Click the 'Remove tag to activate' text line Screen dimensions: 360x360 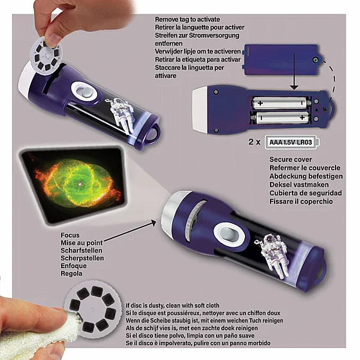[187, 19]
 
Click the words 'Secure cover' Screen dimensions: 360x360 [291, 159]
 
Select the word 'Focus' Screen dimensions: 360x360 [70, 235]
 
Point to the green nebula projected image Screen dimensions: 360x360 [77, 184]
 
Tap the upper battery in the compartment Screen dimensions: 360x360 [282, 103]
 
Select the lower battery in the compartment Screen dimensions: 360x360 [280, 118]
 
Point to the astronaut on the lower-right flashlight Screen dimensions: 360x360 [273, 255]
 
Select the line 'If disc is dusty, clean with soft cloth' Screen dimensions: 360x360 [172, 305]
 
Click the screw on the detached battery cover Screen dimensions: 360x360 [316, 60]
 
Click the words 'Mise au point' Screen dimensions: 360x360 [82, 243]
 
